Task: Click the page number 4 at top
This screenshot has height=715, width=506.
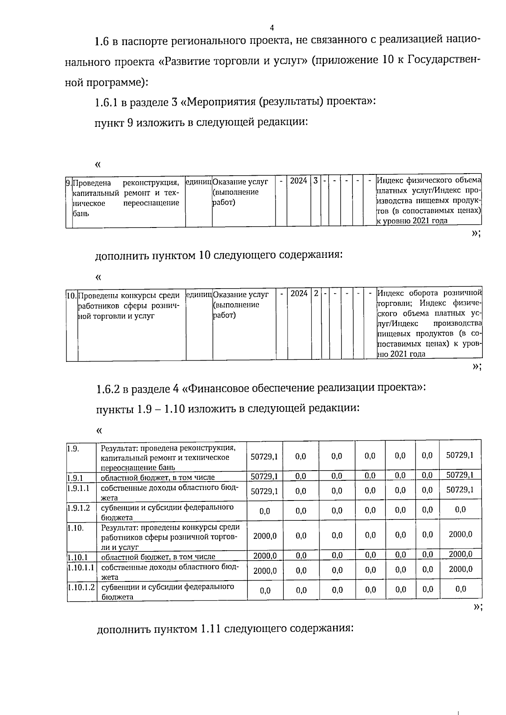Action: (272, 28)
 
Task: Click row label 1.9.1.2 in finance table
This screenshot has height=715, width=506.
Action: (79, 508)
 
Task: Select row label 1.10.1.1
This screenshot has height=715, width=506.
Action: (81, 567)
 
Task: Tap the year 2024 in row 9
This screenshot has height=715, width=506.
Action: (299, 181)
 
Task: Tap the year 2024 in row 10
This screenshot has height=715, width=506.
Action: (299, 293)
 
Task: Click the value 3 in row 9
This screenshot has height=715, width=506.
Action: (315, 181)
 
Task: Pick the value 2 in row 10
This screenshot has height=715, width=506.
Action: (316, 293)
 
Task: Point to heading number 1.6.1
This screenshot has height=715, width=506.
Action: (107, 102)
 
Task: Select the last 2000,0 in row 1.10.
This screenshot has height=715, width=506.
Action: (460, 534)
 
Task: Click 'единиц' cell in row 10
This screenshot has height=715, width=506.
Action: (199, 294)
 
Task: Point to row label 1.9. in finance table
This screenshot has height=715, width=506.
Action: (73, 448)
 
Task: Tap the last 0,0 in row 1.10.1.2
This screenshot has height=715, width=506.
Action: (460, 589)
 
